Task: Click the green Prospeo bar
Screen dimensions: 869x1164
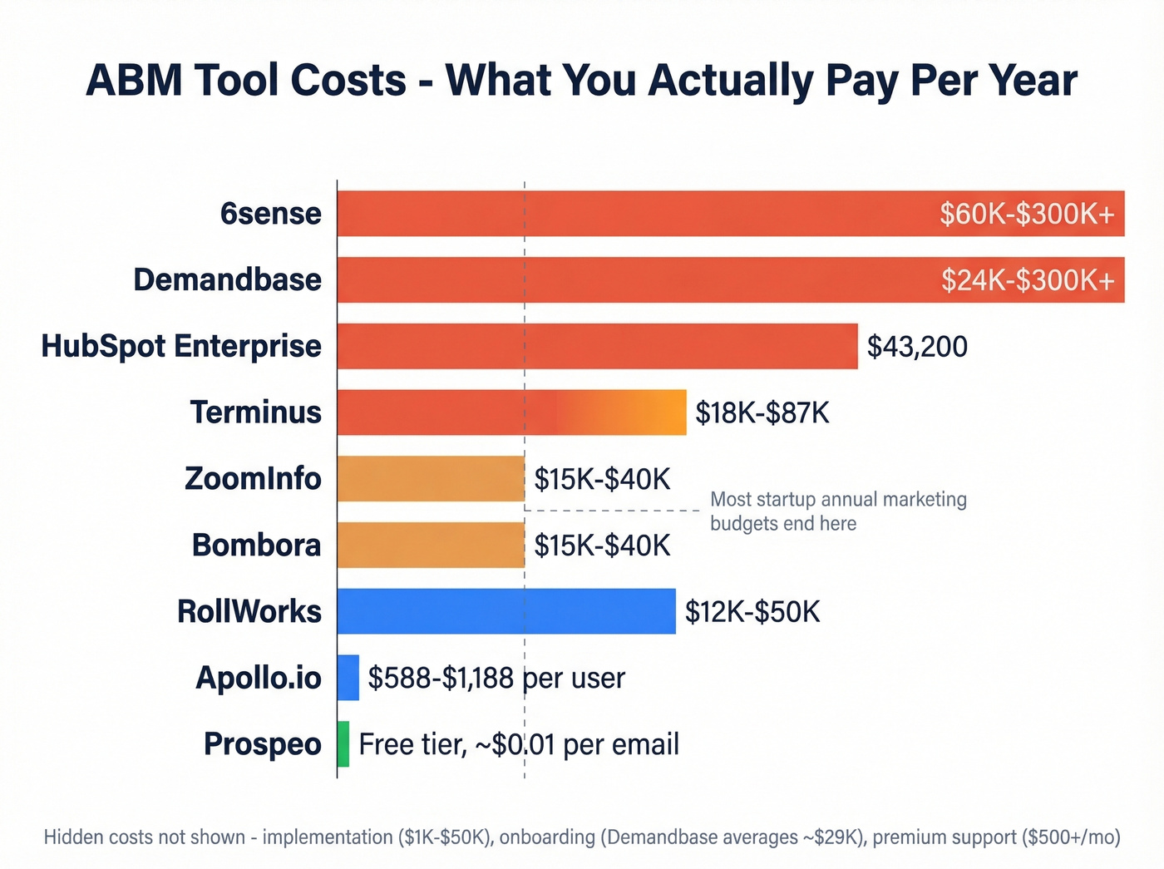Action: point(343,744)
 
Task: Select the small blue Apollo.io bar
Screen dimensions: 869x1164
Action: point(348,678)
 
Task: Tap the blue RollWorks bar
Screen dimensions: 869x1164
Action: point(506,611)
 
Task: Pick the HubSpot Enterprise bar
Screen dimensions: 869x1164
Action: point(597,346)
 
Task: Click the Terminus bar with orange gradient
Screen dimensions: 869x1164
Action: point(511,412)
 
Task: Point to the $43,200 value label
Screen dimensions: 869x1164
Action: point(917,347)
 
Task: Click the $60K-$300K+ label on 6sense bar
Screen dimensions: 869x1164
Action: point(1027,214)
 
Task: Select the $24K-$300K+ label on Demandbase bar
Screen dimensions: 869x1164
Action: point(1028,280)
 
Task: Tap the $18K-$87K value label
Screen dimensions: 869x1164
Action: point(762,413)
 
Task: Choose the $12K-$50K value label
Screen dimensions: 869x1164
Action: point(752,612)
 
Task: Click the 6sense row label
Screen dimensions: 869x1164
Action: point(270,214)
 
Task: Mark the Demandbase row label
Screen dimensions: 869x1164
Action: point(227,280)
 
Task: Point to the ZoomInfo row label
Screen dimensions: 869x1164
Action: point(253,479)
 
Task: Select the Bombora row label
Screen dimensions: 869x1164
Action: point(256,546)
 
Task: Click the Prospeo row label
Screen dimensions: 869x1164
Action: point(262,744)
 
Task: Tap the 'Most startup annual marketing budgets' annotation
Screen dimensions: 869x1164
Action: point(837,511)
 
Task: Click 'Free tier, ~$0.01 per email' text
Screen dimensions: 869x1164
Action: point(519,744)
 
